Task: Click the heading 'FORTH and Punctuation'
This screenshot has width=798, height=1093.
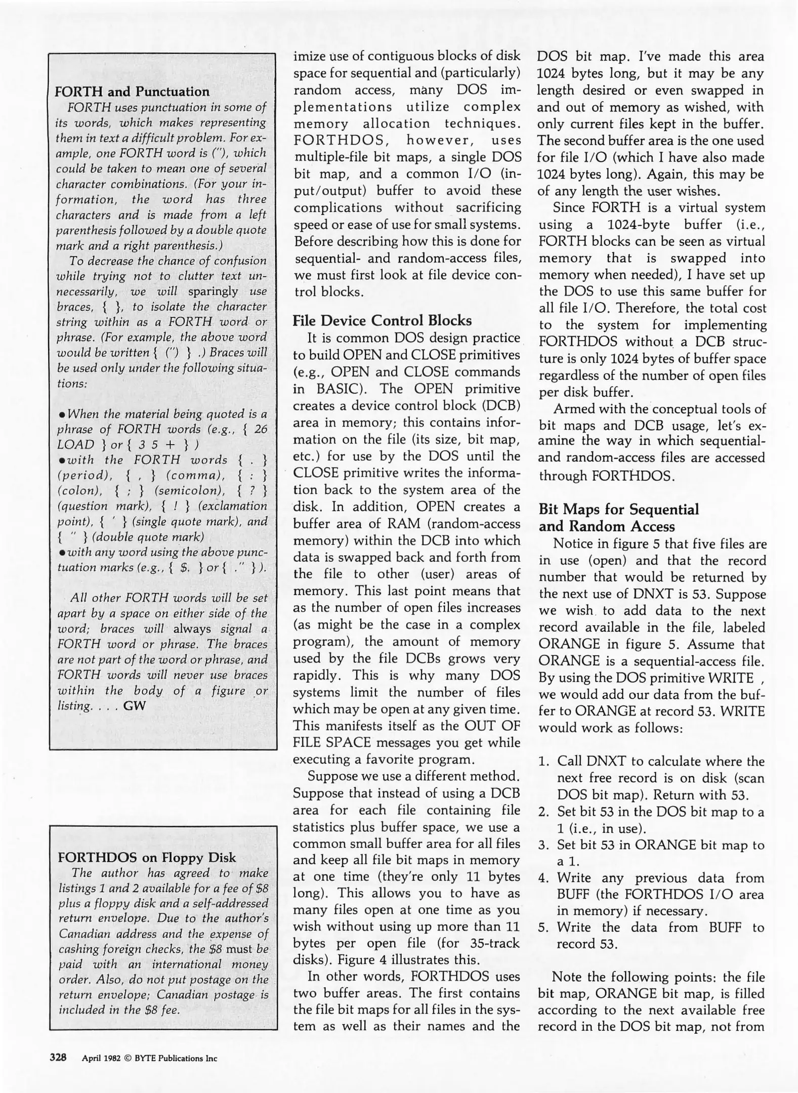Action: point(132,92)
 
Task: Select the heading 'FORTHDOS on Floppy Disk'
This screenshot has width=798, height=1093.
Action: point(147,857)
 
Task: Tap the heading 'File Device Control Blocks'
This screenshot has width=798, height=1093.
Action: point(382,321)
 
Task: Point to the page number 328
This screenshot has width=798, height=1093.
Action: point(58,1057)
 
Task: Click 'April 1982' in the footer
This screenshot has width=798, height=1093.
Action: point(101,1058)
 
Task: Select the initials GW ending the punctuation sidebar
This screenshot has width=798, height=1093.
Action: point(135,705)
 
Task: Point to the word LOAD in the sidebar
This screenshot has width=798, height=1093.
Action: point(76,444)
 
